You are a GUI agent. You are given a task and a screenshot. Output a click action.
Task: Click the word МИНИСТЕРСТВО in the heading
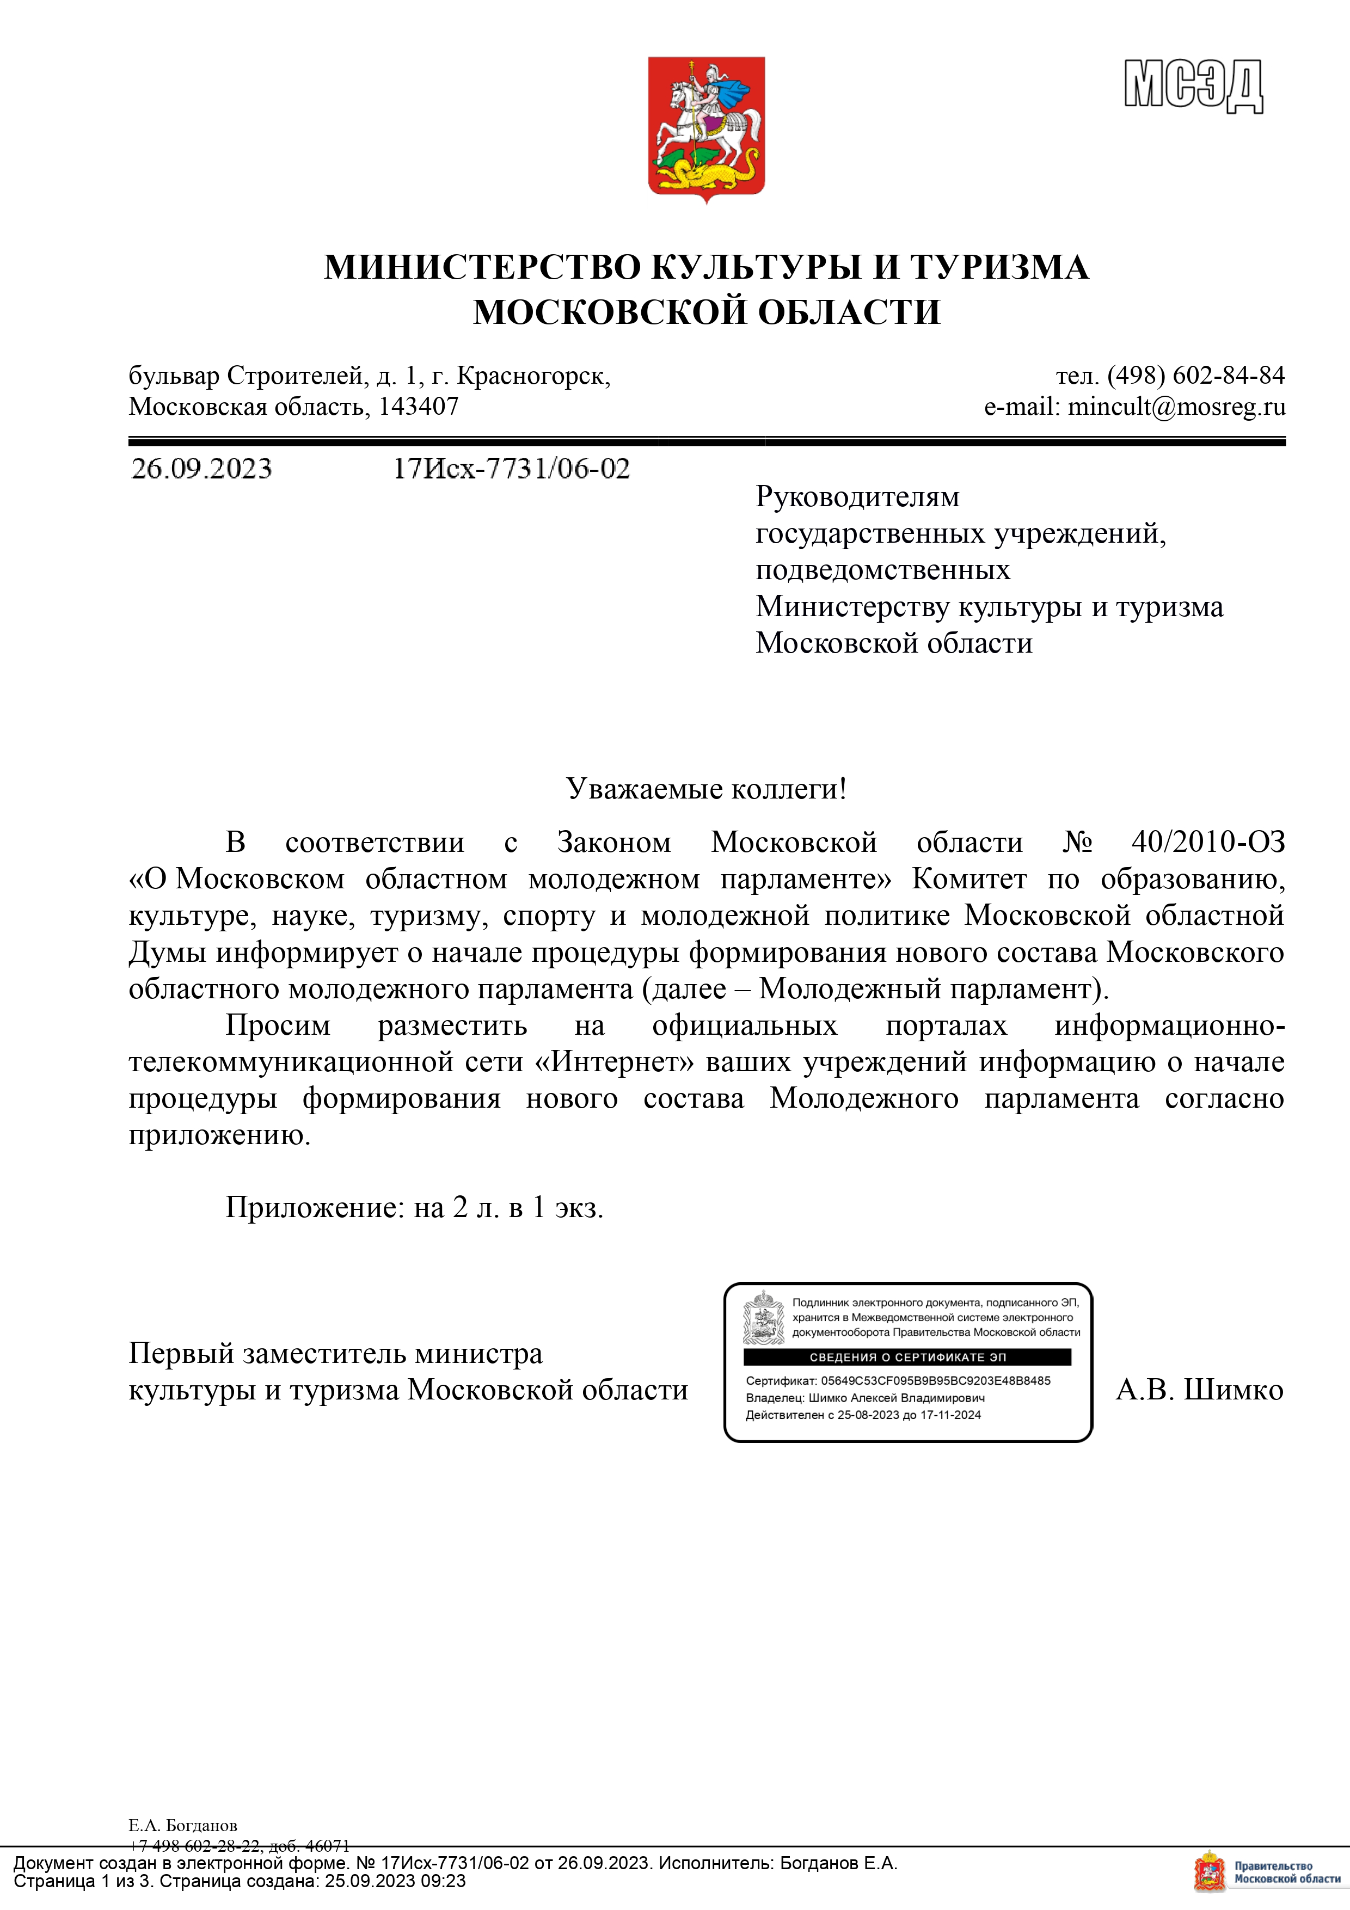(482, 268)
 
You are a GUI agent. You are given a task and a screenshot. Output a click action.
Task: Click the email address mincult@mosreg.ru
(1176, 407)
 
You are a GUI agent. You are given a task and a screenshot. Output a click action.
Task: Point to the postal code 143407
(419, 407)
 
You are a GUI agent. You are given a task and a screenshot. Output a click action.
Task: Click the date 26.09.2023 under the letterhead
(201, 469)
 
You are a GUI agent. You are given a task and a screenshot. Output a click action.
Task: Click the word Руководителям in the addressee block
(857, 496)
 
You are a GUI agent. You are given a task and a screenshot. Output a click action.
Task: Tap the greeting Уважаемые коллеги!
(706, 788)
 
